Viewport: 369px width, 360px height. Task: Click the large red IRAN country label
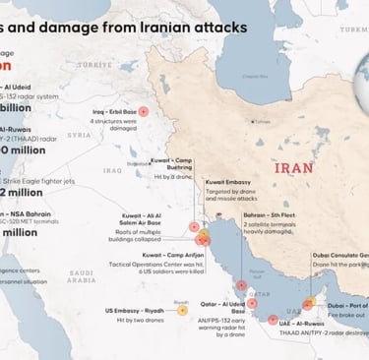294,168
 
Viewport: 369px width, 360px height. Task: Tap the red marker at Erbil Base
144,112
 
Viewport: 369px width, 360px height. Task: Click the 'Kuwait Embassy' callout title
227,182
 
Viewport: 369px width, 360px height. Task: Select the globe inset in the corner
350,25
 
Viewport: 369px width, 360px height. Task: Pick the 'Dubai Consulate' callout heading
338,254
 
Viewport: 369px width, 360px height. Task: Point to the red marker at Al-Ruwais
274,291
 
